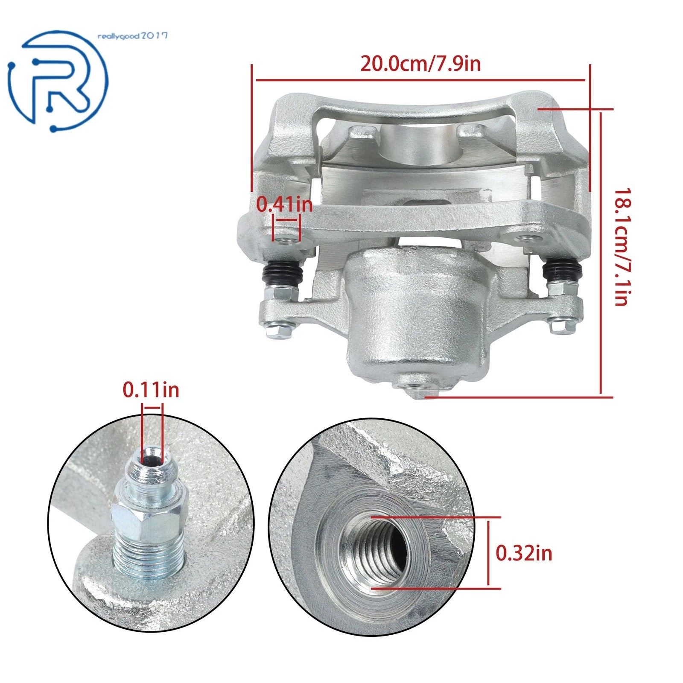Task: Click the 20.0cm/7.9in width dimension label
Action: (420, 64)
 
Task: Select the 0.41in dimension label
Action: (284, 204)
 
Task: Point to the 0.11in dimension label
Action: (151, 390)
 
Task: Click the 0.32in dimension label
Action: (524, 553)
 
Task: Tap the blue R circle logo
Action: (58, 81)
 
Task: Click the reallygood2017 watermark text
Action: (133, 36)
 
